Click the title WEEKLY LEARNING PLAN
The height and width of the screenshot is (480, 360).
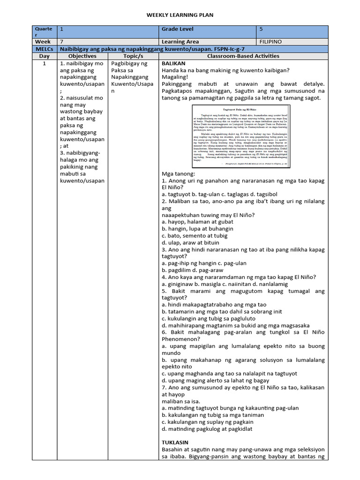[x=180, y=15]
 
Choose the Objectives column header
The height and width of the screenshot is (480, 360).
[x=82, y=56]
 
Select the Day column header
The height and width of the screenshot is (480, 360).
[x=44, y=56]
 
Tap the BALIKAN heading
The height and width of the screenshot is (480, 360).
[x=173, y=63]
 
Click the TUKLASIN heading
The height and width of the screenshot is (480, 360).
[x=175, y=442]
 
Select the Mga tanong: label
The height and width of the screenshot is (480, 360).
[x=179, y=174]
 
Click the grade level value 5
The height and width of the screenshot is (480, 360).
[x=262, y=30]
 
